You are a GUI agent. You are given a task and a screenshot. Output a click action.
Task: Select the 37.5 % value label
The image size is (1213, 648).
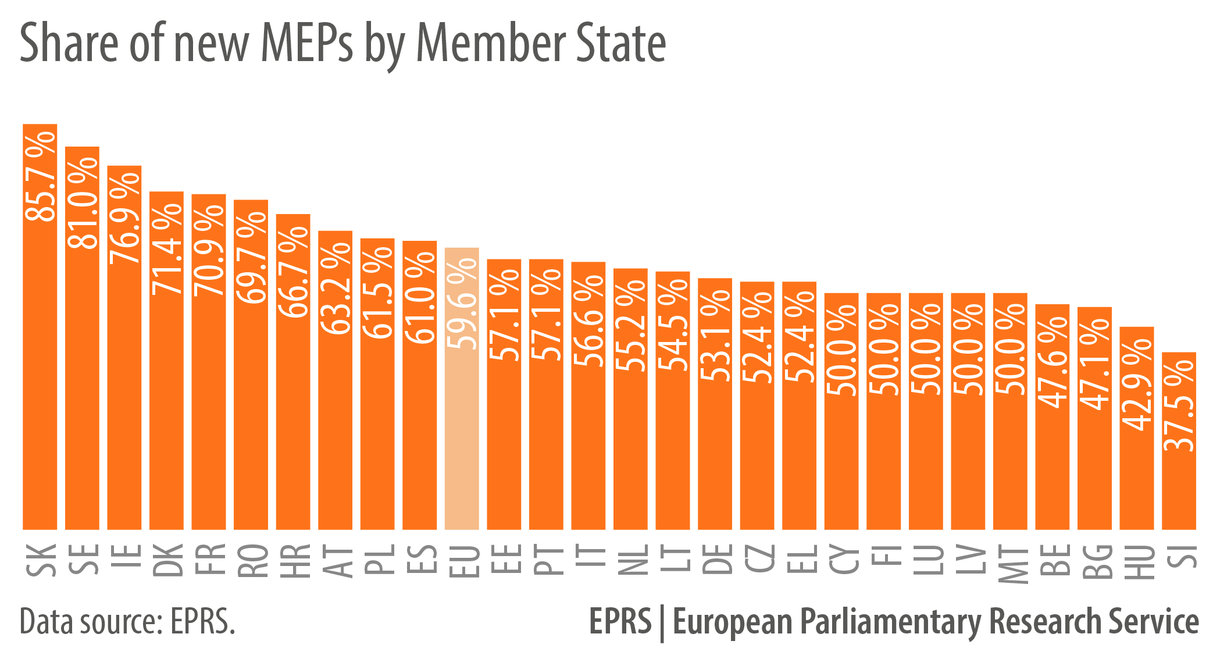pyautogui.click(x=1179, y=405)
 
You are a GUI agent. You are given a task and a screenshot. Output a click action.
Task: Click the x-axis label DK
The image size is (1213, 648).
pyautogui.click(x=167, y=560)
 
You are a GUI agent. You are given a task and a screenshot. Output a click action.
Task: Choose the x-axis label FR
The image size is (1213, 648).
pyautogui.click(x=209, y=560)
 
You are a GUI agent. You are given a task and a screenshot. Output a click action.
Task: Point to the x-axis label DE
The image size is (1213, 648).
pyautogui.click(x=715, y=560)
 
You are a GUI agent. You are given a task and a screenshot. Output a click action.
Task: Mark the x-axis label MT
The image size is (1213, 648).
pyautogui.click(x=1011, y=564)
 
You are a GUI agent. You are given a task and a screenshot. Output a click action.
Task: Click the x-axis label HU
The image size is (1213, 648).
pyautogui.click(x=1137, y=561)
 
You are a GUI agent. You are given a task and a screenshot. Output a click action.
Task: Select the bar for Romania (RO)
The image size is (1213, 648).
pyautogui.click(x=251, y=407)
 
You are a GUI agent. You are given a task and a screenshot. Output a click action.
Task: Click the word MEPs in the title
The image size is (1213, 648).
pyautogui.click(x=306, y=44)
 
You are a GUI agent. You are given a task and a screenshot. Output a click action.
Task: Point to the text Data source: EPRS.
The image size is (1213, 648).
pyautogui.click(x=127, y=622)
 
